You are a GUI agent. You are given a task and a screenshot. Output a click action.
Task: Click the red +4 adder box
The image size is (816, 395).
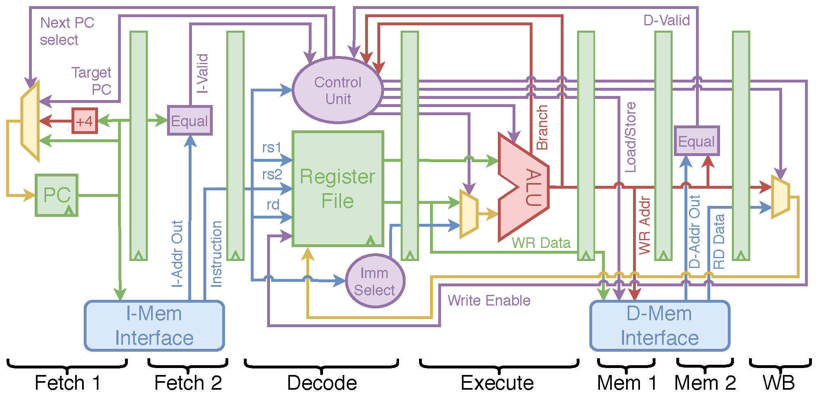pos(85,121)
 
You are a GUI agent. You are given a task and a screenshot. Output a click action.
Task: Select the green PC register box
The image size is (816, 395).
pos(56,195)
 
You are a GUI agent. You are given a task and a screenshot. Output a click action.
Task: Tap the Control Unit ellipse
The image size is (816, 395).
pos(338,90)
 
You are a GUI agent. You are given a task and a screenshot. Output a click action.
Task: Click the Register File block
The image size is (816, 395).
pos(338,189)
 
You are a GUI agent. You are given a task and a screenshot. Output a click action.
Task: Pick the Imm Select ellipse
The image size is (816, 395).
pos(375,281)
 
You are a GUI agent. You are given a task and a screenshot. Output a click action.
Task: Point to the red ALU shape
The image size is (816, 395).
pos(524,187)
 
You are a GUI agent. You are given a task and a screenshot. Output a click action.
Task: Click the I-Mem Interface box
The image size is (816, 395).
pos(154,326)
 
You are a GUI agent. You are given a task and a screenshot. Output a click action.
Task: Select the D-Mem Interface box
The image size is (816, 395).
pos(660,326)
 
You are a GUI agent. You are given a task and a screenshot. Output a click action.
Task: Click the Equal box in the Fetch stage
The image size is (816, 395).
pos(190,121)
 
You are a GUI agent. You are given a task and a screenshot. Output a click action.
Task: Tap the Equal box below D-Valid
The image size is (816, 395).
pos(696,141)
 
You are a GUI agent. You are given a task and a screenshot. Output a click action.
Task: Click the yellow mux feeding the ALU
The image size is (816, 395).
pos(469,214)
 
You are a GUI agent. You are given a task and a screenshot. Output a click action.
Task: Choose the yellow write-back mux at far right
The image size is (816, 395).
pos(780,196)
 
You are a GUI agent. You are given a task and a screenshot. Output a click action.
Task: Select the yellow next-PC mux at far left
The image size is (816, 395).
pos(30,121)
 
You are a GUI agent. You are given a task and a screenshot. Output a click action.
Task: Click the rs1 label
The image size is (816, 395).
pos(272,147)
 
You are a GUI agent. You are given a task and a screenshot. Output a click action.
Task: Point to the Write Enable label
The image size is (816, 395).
pos(489,301)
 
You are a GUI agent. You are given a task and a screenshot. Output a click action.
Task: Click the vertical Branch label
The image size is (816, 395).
pos(542,127)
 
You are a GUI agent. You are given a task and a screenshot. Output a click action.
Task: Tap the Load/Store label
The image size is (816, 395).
pos(631,137)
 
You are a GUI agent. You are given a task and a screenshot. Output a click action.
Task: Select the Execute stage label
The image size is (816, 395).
pos(497,383)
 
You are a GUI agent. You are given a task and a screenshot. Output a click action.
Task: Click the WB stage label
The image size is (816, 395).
pos(779,383)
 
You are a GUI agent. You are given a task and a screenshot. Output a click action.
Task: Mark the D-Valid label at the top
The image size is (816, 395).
pos(667,20)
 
